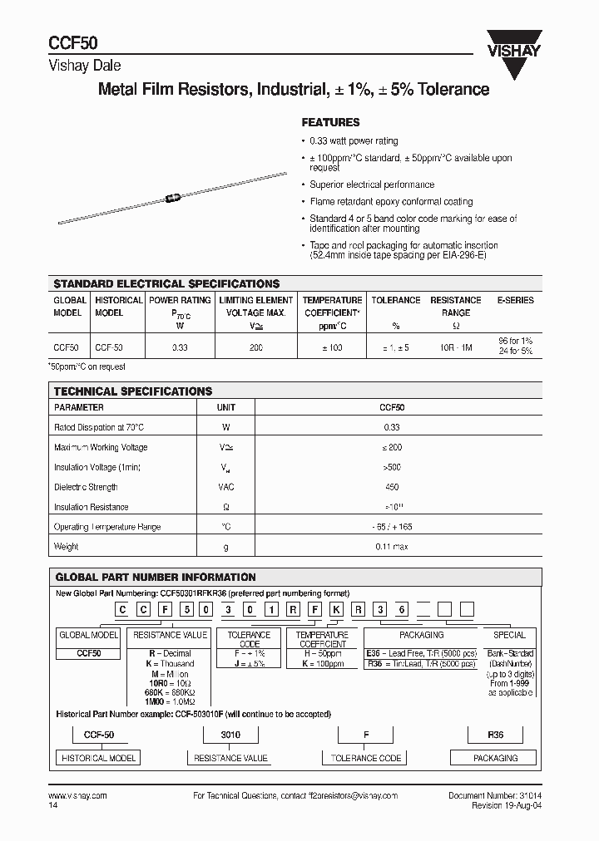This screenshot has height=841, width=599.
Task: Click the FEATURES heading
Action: click(330, 121)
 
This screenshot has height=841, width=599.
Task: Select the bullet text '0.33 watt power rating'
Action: click(354, 141)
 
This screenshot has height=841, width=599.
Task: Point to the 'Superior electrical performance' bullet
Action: click(372, 184)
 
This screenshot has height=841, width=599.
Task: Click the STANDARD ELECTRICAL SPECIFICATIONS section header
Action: click(166, 283)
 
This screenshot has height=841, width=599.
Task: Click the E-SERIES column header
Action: click(515, 300)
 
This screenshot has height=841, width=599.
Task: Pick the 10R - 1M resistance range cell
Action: click(455, 347)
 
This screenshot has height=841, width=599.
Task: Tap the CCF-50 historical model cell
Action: click(109, 347)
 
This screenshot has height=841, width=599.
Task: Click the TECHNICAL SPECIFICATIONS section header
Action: click(133, 391)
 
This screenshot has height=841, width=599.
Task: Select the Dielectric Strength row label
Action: click(86, 487)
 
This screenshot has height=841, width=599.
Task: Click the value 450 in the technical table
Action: click(392, 487)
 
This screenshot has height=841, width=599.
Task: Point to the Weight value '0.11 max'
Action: click(392, 547)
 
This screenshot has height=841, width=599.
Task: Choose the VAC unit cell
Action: click(225, 487)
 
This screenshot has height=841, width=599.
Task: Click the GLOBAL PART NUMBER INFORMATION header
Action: click(156, 577)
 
